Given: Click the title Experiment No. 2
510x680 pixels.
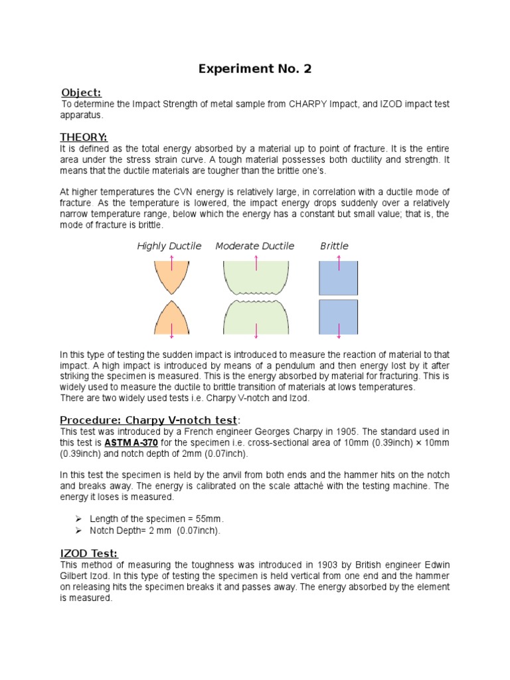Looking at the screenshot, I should tap(255, 68).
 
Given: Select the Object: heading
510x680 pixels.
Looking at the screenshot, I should tap(81, 92).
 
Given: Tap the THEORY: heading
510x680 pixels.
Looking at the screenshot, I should tap(84, 137).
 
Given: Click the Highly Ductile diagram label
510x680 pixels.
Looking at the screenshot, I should tap(169, 246).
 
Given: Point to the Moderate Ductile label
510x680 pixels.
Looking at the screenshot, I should tap(255, 246).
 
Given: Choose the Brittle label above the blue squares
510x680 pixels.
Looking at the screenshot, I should tap(335, 246).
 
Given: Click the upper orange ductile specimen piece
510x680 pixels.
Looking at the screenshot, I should tap(171, 275).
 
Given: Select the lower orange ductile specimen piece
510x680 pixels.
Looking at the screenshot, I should tap(171, 319).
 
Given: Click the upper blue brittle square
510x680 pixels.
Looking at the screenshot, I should tap(339, 278).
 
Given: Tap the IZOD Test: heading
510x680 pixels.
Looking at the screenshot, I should tap(89, 553).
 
